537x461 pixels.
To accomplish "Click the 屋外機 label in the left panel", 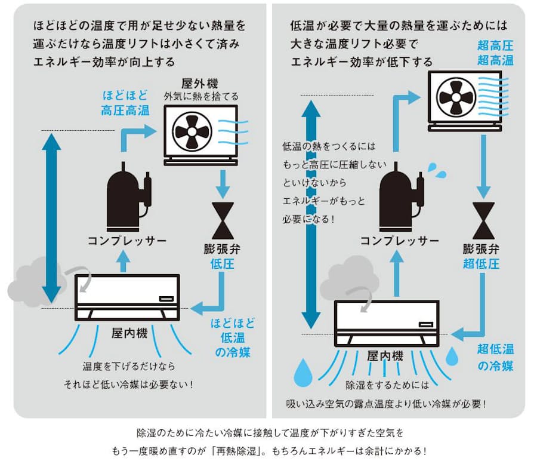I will click(x=201, y=84).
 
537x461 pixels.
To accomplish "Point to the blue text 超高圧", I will click(x=495, y=45).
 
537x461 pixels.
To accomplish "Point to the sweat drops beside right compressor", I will click(x=437, y=170).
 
